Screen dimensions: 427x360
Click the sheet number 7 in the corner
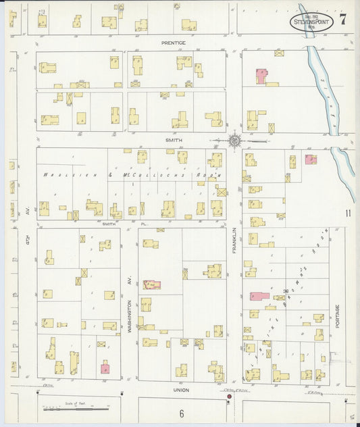[344, 19]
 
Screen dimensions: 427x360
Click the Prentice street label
[173, 43]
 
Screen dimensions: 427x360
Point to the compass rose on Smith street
[235, 141]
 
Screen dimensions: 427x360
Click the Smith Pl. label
[109, 223]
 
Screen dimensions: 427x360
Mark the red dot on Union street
[229, 397]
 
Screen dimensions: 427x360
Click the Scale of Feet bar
[75, 409]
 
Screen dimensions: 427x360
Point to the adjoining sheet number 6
[182, 413]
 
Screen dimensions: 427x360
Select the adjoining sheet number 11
[348, 214]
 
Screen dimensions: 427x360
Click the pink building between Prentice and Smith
[261, 76]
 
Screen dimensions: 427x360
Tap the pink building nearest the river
[311, 159]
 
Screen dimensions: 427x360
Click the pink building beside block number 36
[259, 296]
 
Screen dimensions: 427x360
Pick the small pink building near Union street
[105, 368]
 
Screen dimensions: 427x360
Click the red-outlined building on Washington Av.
[151, 284]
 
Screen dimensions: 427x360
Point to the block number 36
[286, 291]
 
